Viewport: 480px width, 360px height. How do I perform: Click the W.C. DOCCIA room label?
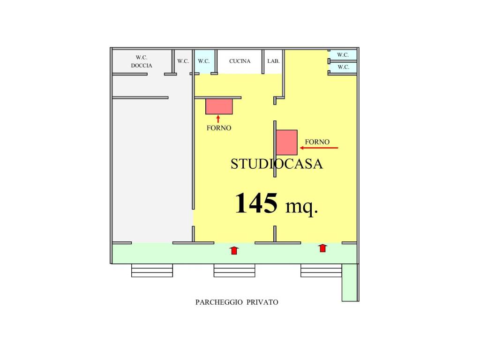(x=142, y=61)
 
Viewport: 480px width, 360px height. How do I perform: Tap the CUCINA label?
(x=240, y=61)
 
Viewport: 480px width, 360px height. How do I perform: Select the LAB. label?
(x=273, y=61)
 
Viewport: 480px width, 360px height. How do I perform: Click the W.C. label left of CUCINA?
(x=203, y=61)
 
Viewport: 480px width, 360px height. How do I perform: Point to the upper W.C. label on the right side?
(x=343, y=55)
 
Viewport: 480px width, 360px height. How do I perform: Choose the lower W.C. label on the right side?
(x=343, y=67)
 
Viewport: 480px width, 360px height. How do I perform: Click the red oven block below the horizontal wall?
(x=219, y=106)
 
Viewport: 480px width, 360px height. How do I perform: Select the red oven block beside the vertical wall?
(x=286, y=142)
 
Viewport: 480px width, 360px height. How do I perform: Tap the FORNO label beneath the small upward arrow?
(x=219, y=128)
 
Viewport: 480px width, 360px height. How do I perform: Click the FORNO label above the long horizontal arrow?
(x=317, y=142)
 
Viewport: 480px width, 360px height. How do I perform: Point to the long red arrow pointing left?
(x=319, y=148)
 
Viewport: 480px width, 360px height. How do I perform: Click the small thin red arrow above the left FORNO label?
(x=218, y=119)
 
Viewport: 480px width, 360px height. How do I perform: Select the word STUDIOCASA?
(x=277, y=164)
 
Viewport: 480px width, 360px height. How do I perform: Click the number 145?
(x=256, y=203)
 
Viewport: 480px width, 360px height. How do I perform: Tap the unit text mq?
(x=302, y=207)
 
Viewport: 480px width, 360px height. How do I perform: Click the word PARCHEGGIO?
(x=219, y=302)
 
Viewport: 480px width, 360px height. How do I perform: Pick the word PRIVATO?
(x=262, y=302)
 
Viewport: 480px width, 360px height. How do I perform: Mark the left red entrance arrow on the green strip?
(x=234, y=250)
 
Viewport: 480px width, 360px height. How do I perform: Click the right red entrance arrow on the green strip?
(x=322, y=248)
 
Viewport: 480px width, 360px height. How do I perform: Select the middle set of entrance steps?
(x=234, y=270)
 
